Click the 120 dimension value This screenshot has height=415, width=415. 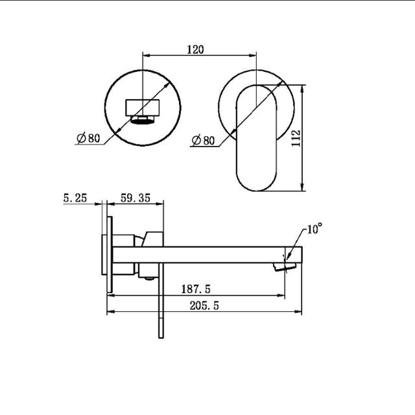pos(196,49)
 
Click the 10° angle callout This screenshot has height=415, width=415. pos(314,229)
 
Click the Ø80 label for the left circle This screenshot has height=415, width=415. pos(88,137)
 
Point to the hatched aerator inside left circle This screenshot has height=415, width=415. pos(143,119)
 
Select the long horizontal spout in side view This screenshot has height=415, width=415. pos(207,254)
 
